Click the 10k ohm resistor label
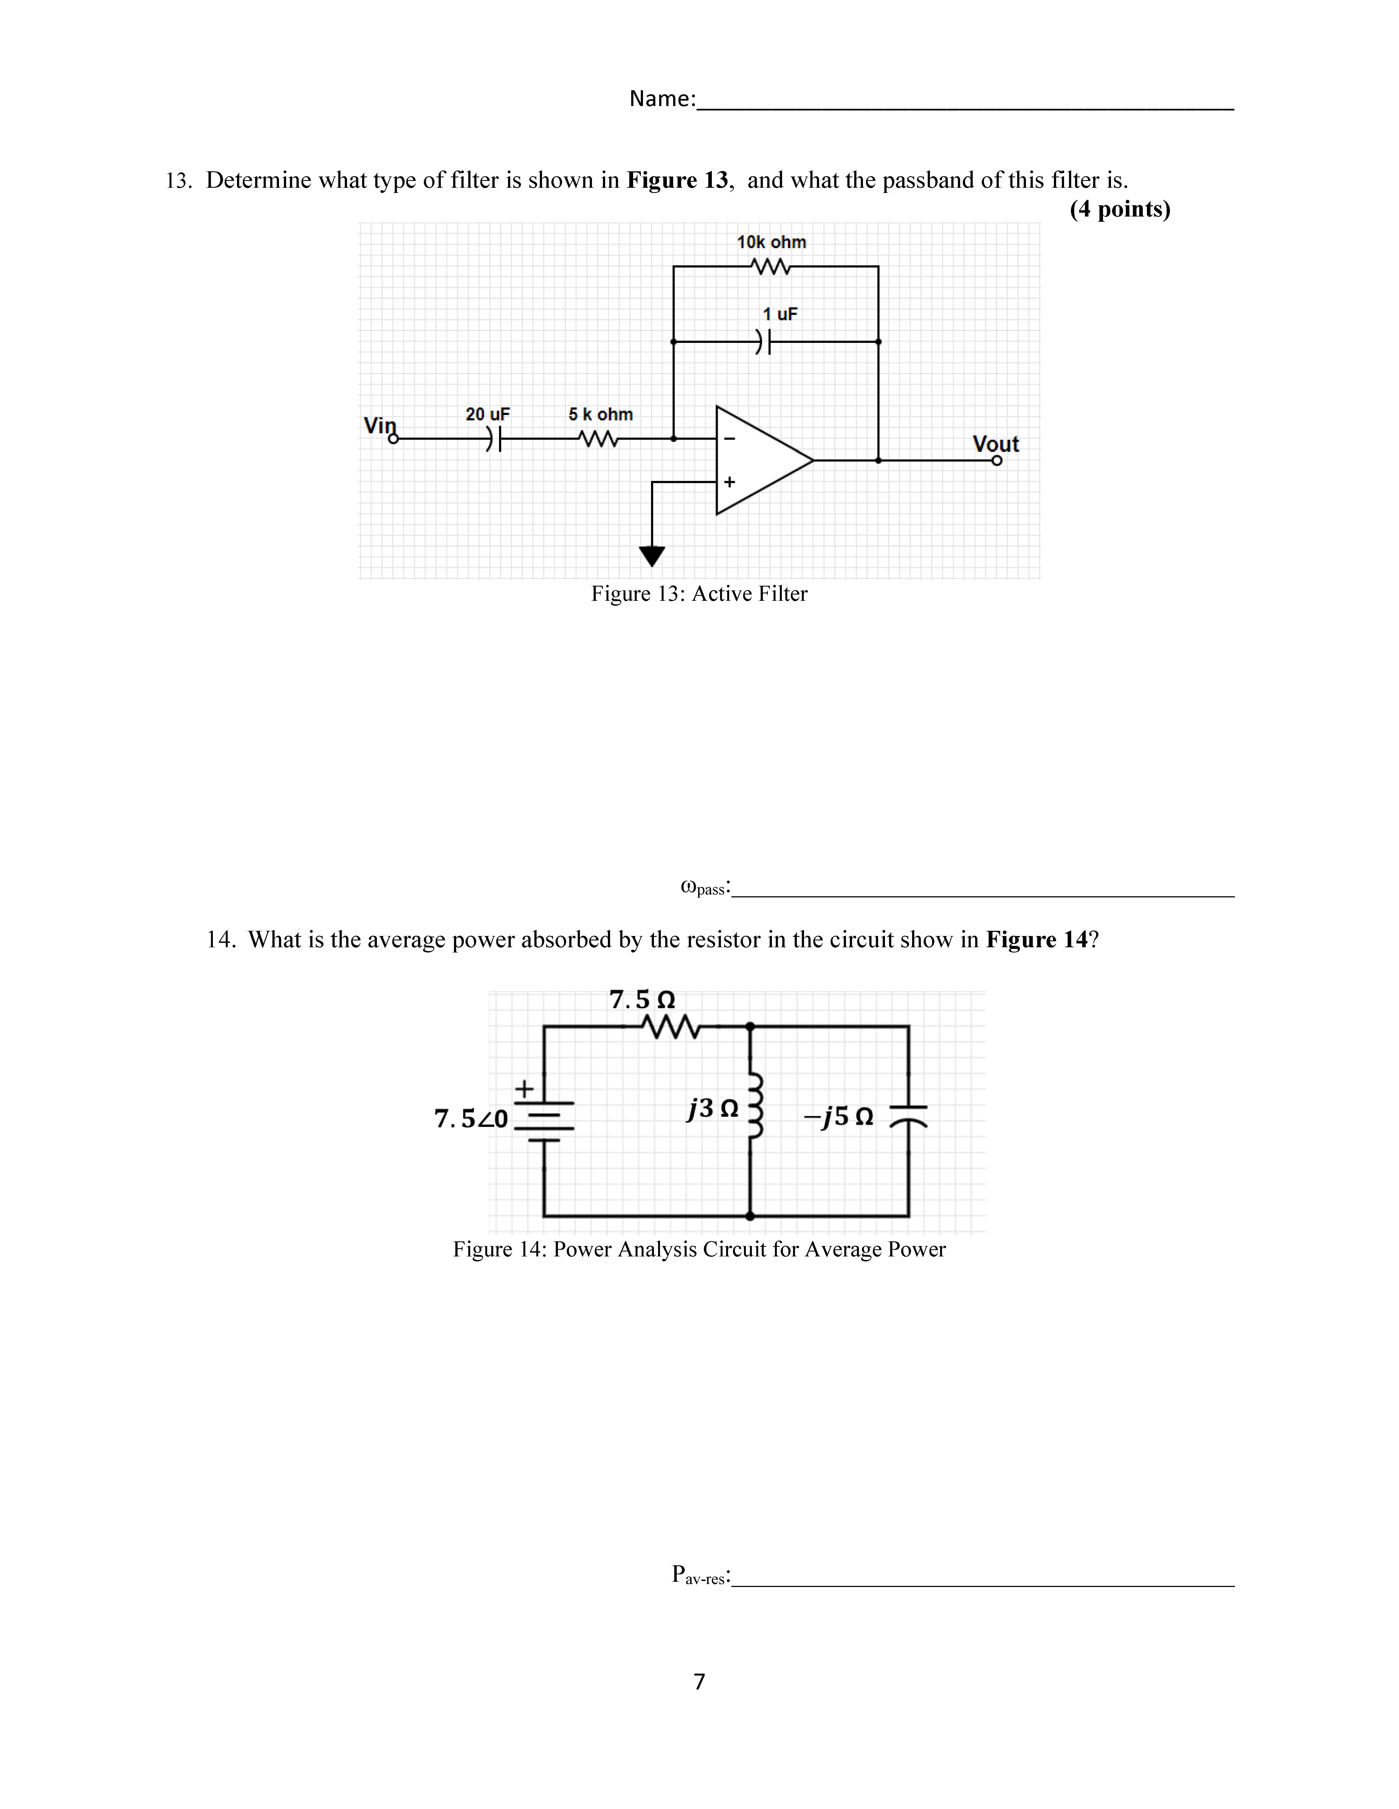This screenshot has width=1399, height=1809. click(771, 242)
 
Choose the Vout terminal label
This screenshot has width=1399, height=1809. click(995, 444)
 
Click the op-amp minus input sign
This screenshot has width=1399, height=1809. click(729, 438)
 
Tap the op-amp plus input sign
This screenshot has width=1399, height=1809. click(729, 481)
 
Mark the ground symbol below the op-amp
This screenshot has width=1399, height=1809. click(652, 555)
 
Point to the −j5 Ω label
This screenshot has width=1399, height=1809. click(838, 1117)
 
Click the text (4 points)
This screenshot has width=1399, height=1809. click(1120, 209)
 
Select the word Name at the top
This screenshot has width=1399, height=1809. click(661, 99)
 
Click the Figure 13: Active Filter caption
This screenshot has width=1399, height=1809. click(699, 594)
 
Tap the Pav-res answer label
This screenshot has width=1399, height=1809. click(700, 1575)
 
